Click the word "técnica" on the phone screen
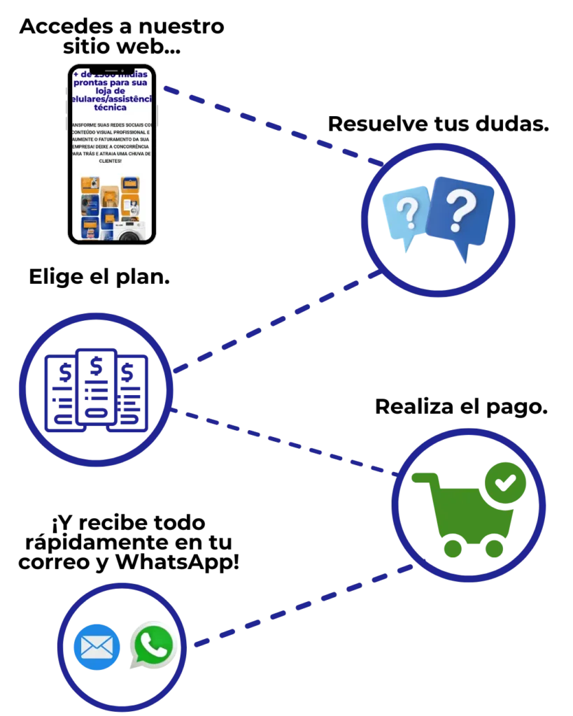110,108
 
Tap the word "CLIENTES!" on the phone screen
111,161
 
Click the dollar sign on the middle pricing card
97,364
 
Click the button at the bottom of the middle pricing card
97,413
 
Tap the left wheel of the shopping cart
453,547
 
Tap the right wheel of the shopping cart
495,547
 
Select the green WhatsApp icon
153,645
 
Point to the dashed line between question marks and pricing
280,319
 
